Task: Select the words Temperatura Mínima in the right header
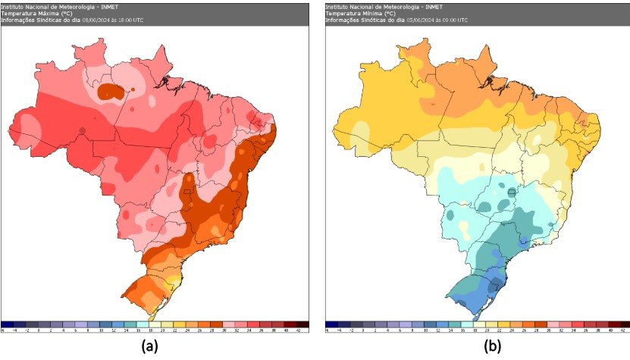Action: pyautogui.click(x=355, y=13)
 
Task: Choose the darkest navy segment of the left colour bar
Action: pyautogui.click(x=8, y=324)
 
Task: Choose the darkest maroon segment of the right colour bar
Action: pyautogui.click(x=622, y=324)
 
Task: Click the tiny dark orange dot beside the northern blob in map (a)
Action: pyautogui.click(x=133, y=89)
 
